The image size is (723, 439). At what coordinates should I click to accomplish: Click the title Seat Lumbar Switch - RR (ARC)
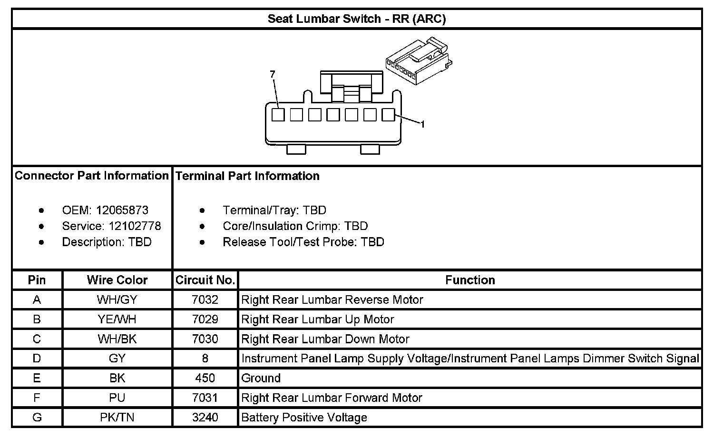tap(356, 19)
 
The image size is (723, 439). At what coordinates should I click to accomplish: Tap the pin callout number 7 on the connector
tap(273, 74)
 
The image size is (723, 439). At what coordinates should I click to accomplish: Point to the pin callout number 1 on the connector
tap(422, 124)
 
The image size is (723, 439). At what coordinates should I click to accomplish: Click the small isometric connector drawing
tap(418, 61)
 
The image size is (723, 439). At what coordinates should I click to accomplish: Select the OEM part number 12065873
tap(122, 210)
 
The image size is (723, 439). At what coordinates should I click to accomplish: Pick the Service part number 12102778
tap(135, 226)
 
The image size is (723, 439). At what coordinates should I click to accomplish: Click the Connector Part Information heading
tap(92, 176)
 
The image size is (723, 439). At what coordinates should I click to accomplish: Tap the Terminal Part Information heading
tap(247, 176)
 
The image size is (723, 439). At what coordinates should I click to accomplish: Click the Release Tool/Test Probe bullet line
tap(303, 242)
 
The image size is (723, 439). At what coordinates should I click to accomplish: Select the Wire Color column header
tap(117, 280)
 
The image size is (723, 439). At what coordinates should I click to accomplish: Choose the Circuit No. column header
tap(205, 280)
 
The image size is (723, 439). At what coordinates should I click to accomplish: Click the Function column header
tap(470, 280)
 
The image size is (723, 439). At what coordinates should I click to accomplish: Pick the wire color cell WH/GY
tap(117, 300)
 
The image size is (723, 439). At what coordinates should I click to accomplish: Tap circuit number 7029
tap(205, 319)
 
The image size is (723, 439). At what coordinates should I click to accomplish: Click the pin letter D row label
tap(37, 359)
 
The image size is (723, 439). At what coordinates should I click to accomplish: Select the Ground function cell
tap(261, 379)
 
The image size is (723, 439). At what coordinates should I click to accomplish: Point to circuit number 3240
tap(205, 418)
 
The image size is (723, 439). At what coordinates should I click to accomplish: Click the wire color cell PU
tap(117, 398)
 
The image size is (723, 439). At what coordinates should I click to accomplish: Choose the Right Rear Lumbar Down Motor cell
tap(325, 339)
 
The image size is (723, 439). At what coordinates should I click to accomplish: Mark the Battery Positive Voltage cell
tap(304, 418)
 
